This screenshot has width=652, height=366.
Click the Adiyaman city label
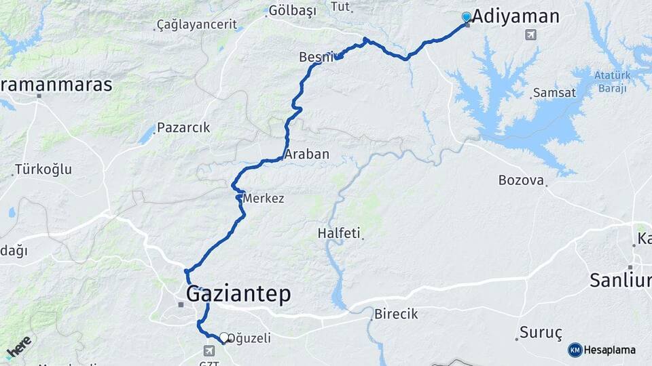515,16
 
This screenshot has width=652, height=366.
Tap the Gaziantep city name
238,293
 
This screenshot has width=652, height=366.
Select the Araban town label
307,155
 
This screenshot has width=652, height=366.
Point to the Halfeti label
339,233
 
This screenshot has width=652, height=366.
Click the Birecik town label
396,314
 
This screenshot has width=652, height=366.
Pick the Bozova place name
522,180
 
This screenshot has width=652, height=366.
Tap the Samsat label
554,92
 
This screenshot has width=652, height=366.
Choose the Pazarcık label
183,127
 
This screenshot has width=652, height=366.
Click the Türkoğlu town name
43,169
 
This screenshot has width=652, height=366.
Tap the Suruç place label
541,332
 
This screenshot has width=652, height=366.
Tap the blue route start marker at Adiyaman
467,16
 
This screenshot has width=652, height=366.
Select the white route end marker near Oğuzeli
224,337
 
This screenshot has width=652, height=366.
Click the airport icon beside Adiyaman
530,35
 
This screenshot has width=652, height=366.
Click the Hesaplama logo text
609,350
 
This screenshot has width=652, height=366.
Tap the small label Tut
340,7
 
